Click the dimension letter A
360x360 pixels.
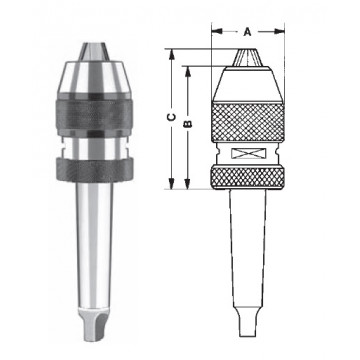coord(247,31)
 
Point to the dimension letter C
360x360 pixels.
coord(172,118)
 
